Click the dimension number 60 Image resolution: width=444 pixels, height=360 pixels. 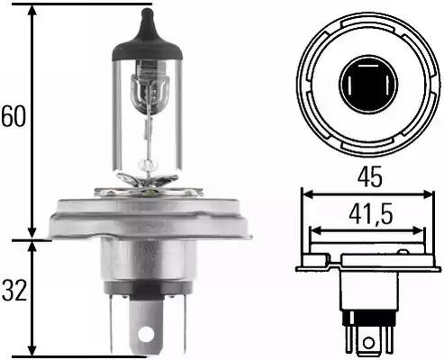click(14, 116)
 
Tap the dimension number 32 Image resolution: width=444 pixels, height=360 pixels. click(14, 290)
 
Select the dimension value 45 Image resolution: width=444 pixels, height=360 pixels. click(369, 176)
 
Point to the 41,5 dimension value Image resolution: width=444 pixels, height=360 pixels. click(370, 214)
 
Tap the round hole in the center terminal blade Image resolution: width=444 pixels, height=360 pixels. click(146, 332)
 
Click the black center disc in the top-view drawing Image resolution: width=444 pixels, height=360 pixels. click(368, 84)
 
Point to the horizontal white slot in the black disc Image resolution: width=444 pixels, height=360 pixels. click(368, 65)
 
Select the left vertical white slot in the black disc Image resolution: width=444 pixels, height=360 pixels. click(349, 85)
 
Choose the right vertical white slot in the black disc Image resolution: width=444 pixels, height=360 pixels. click(387, 85)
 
